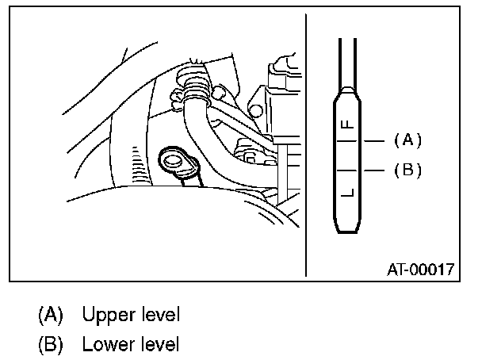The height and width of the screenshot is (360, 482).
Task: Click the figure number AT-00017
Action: pyautogui.click(x=420, y=269)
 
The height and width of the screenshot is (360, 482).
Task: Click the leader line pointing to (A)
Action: pyautogui.click(x=374, y=140)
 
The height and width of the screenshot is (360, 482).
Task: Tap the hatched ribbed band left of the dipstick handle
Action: pyautogui.click(x=136, y=163)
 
